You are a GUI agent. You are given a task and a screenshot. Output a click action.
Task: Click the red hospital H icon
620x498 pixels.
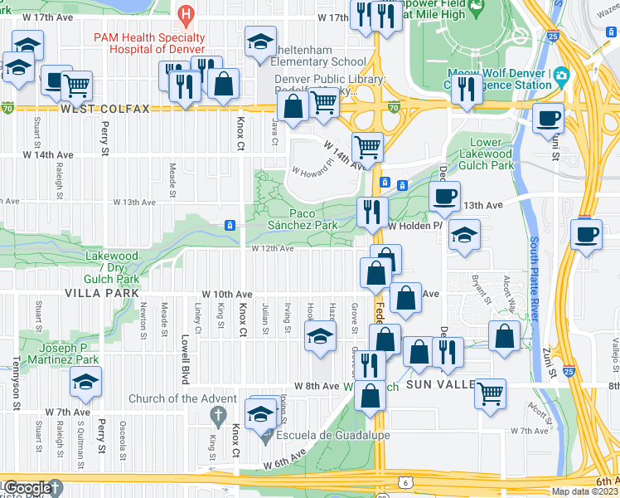[x=186, y=14]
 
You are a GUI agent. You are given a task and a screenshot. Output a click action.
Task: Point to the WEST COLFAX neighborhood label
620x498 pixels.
[x=104, y=109]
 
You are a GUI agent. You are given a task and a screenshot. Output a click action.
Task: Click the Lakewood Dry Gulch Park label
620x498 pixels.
[x=111, y=268]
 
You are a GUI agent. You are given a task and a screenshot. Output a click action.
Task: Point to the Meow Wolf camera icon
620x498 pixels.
[x=561, y=76]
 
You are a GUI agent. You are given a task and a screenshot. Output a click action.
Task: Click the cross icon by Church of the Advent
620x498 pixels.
[x=218, y=414]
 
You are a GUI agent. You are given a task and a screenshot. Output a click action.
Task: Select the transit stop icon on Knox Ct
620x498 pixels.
[x=230, y=225]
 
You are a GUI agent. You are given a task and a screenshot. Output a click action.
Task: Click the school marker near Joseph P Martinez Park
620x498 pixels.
[x=85, y=381]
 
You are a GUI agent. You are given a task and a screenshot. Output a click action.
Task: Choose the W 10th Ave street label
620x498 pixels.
[x=227, y=295]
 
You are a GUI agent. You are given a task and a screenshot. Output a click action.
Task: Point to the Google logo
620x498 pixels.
[x=27, y=489]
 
